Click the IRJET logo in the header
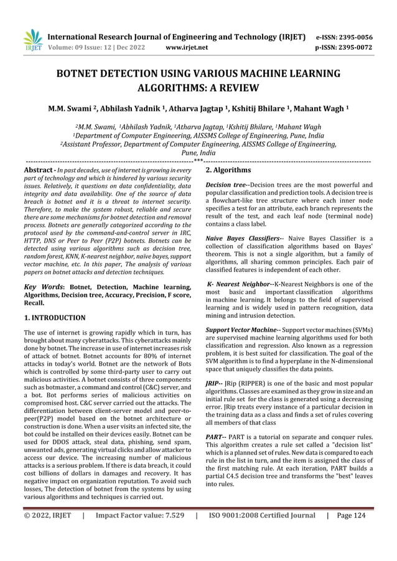pos(32,40)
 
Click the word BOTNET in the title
pos(83,73)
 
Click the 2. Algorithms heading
pos(228,170)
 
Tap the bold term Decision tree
pos(226,185)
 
